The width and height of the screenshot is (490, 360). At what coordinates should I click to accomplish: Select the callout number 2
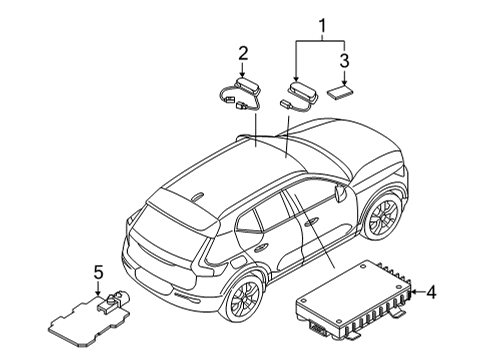[243, 52]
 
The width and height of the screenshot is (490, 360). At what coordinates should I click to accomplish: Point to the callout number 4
[432, 293]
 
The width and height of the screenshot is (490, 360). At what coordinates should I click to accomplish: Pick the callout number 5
[98, 271]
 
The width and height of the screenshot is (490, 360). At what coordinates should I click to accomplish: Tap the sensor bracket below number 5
[86, 314]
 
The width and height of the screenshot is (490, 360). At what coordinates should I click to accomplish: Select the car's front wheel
[381, 217]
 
